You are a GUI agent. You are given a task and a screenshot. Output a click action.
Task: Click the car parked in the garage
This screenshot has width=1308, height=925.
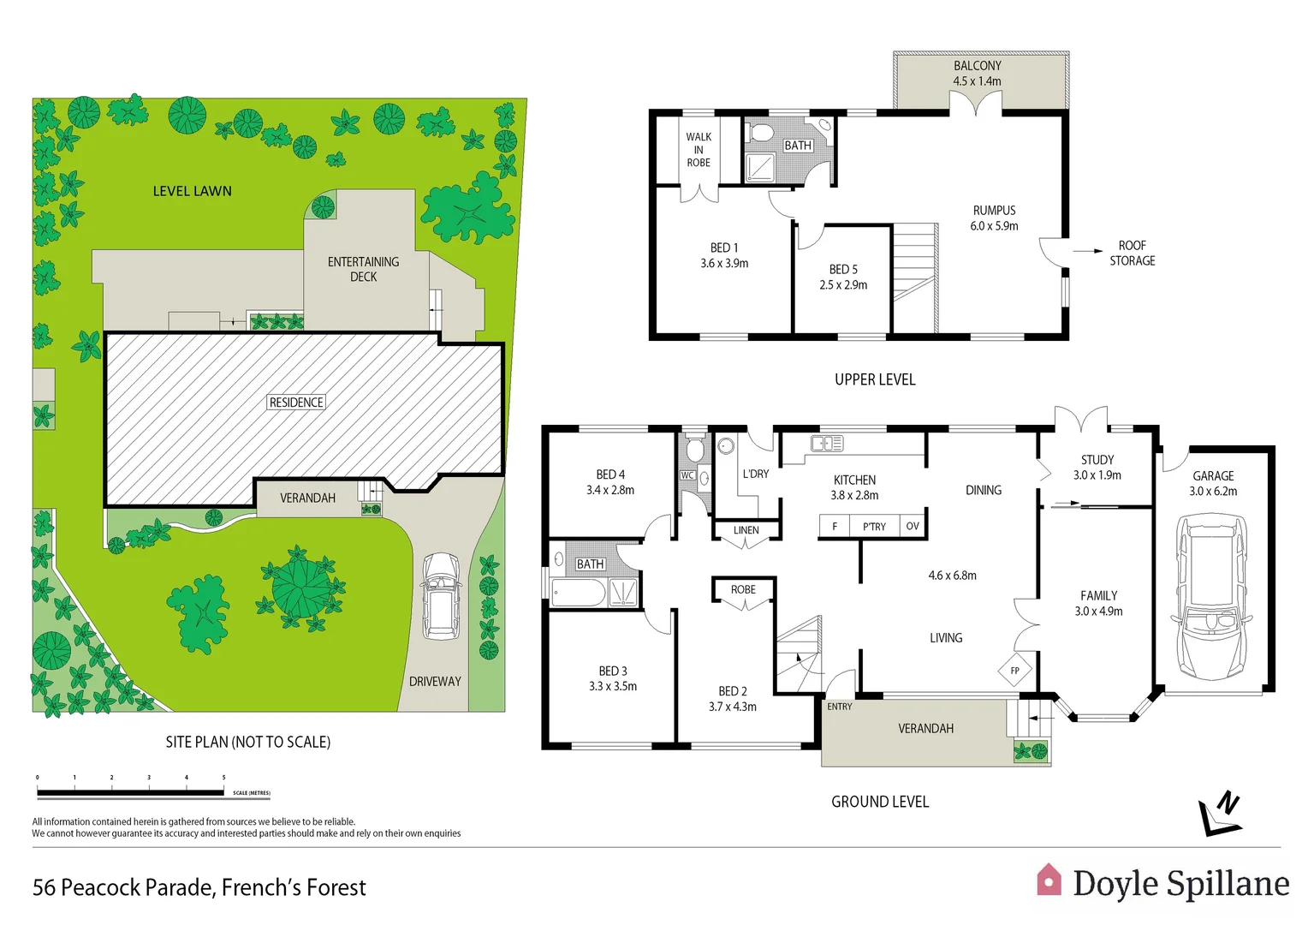pyautogui.click(x=1213, y=597)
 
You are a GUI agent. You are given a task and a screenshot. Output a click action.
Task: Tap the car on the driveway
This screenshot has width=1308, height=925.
pyautogui.click(x=440, y=596)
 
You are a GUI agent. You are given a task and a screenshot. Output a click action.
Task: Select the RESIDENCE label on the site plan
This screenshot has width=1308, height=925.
pyautogui.click(x=296, y=403)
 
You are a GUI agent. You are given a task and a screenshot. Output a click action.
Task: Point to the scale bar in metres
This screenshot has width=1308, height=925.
pyautogui.click(x=131, y=792)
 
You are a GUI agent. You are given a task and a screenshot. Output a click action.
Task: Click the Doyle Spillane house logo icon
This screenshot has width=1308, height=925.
pyautogui.click(x=1049, y=880)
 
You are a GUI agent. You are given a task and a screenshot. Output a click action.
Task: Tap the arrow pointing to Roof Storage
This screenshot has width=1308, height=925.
pyautogui.click(x=1087, y=251)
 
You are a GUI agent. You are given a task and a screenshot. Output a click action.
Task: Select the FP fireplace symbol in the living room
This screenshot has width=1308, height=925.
pyautogui.click(x=1014, y=671)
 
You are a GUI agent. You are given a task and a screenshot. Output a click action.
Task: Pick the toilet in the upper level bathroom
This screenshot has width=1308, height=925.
pyautogui.click(x=759, y=133)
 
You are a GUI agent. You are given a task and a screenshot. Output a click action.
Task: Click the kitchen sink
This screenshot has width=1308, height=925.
pyautogui.click(x=827, y=443)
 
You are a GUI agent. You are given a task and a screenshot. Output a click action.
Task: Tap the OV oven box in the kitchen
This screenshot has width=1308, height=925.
pyautogui.click(x=913, y=526)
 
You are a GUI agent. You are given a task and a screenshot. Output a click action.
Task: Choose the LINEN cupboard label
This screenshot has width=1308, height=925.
pyautogui.click(x=746, y=530)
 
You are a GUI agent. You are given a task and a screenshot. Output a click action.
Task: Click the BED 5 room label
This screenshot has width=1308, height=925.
pyautogui.click(x=843, y=269)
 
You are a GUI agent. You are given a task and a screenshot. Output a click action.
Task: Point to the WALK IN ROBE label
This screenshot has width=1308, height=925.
pyautogui.click(x=699, y=149)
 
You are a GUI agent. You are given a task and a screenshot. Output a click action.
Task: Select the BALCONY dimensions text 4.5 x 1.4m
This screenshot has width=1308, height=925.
pyautogui.click(x=977, y=81)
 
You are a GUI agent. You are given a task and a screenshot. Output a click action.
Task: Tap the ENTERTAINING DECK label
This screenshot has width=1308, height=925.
pyautogui.click(x=363, y=269)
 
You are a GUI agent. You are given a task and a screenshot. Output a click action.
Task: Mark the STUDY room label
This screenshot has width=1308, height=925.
pyautogui.click(x=1097, y=460)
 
